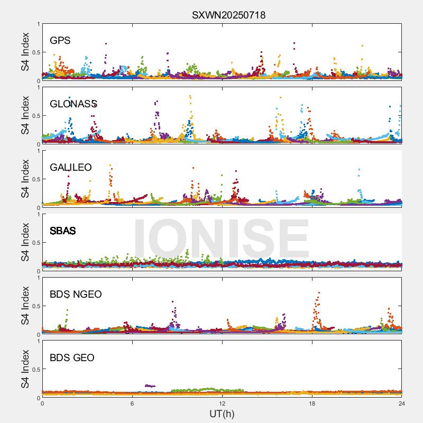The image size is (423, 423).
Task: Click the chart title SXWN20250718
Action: point(228,15)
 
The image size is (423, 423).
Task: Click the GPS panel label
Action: point(60,41)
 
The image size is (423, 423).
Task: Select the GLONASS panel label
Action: point(73,104)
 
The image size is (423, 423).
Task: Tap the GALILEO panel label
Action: point(71,168)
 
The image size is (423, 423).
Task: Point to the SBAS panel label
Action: point(63,231)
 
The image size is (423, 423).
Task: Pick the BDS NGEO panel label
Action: point(76,295)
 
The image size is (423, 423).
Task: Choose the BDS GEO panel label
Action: point(72,358)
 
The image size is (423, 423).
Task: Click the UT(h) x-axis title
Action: point(222,413)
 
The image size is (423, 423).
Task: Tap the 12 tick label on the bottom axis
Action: point(222,403)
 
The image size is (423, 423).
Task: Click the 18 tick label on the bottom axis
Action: point(312,403)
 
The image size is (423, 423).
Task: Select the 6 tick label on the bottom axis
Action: point(132,403)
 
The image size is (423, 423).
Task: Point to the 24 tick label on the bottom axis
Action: point(401,403)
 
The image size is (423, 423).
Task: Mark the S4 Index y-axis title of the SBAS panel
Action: point(25,243)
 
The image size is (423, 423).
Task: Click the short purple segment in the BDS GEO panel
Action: point(150,385)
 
